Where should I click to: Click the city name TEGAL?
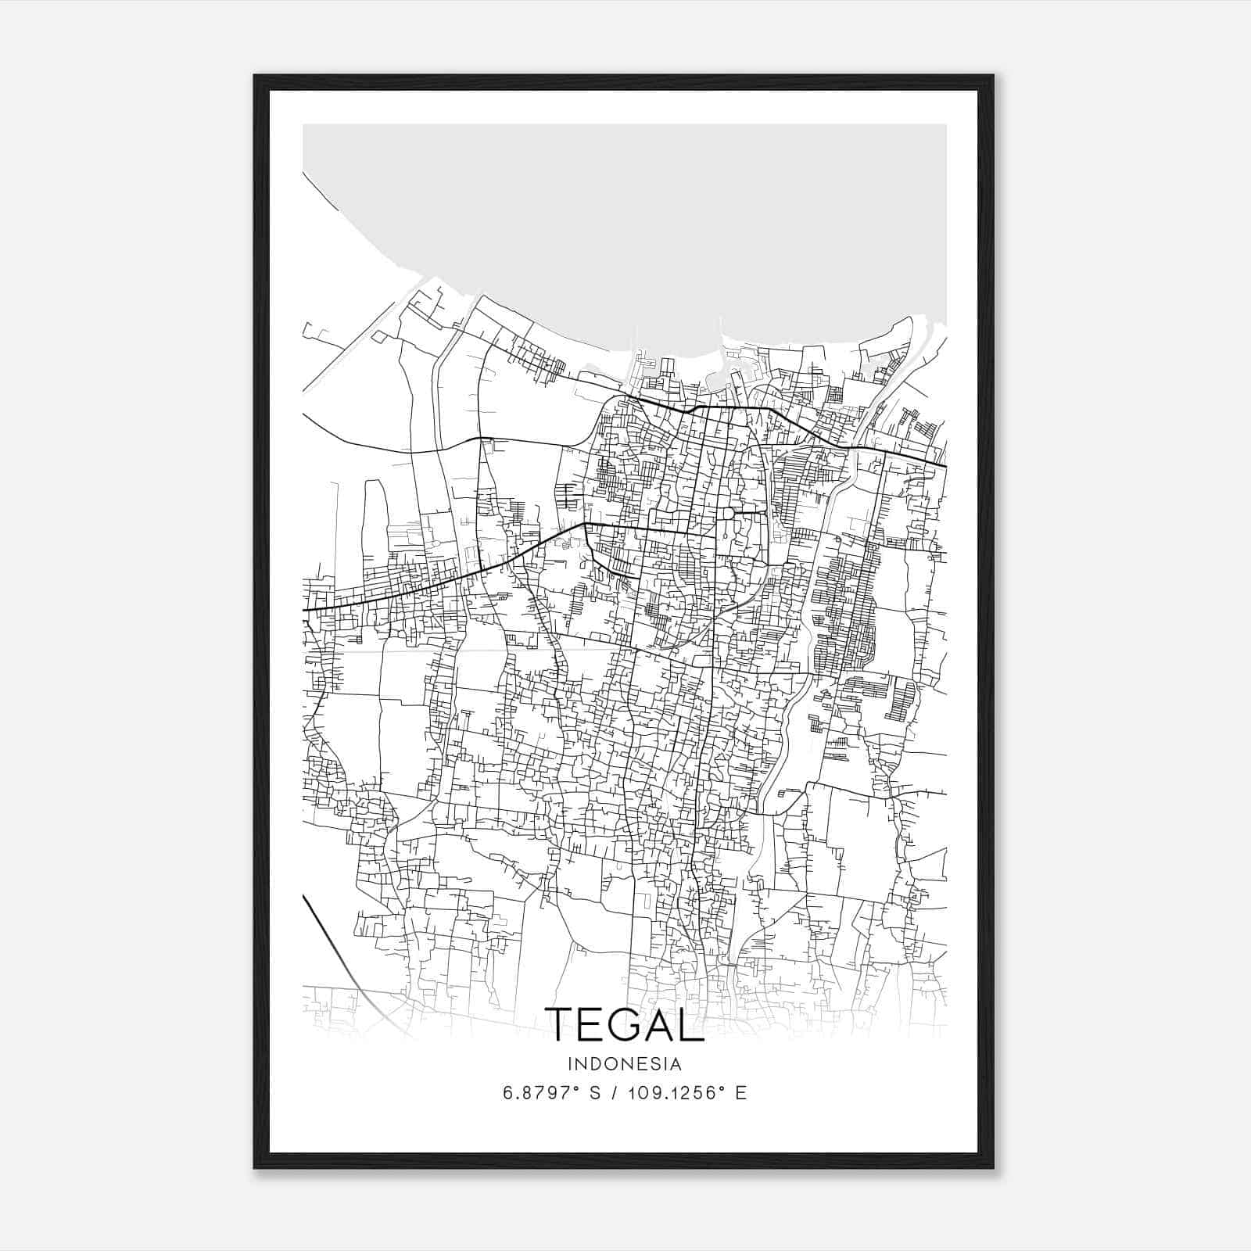[x=625, y=1023]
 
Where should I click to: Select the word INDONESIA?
[x=625, y=1064]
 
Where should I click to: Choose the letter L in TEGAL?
[x=692, y=1023]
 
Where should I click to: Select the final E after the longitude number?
[x=740, y=1092]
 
